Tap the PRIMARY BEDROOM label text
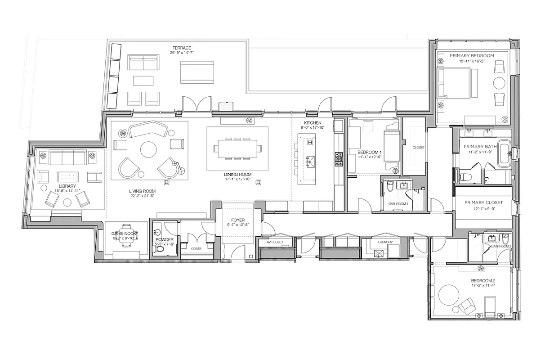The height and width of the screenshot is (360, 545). click(472, 55)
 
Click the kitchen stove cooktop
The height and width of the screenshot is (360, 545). click(339, 157)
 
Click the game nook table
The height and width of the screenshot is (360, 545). click(126, 240)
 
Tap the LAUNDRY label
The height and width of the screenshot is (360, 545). click(385, 242)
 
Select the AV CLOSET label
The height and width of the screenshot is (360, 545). click(275, 242)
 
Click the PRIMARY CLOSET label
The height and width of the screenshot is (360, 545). click(483, 202)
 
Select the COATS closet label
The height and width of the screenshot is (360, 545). click(196, 248)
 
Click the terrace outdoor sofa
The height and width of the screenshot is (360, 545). click(143, 63)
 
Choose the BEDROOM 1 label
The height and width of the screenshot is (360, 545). click(370, 152)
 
